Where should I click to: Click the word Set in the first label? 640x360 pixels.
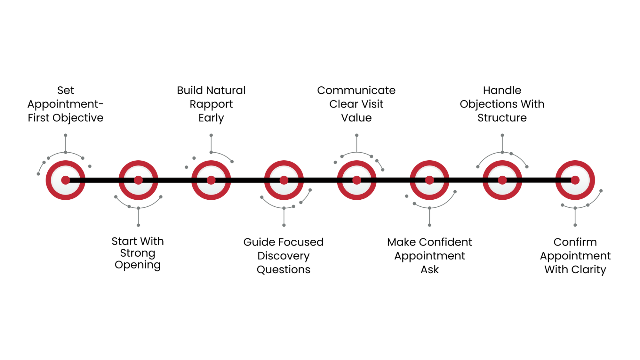point(65,90)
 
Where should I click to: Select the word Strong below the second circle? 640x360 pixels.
point(138,253)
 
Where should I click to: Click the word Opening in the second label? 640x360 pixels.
point(138,265)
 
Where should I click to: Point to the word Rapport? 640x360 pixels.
point(211,104)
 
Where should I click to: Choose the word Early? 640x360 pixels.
point(211,118)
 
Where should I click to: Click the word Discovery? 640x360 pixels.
point(284,256)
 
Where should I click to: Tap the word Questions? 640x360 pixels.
point(284,269)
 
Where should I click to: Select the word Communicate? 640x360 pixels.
point(356,90)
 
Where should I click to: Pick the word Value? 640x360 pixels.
point(356,118)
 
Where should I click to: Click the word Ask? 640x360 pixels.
point(429,269)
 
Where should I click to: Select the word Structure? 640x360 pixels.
point(502,118)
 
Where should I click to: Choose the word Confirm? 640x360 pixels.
point(575,242)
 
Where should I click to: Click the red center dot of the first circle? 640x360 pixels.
point(66,180)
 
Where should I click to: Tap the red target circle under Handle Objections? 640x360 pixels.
point(502,180)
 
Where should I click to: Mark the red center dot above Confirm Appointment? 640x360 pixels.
point(575,180)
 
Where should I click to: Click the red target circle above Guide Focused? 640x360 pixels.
point(284,180)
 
